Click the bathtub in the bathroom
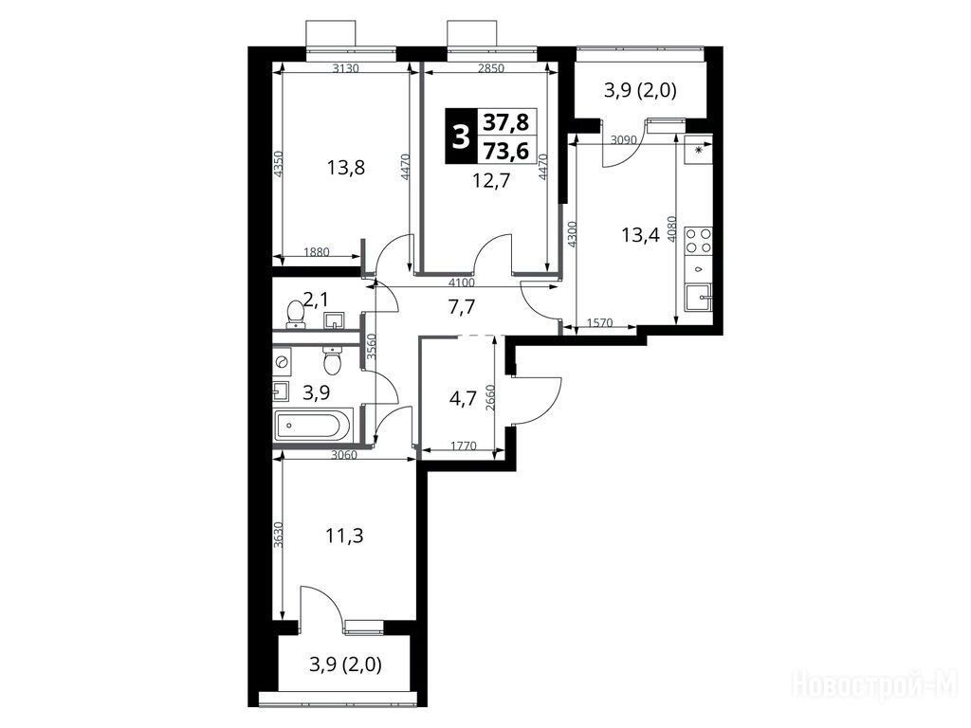(313, 426)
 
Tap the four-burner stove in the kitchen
(698, 241)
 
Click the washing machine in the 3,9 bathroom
(282, 359)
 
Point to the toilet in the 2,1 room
(295, 314)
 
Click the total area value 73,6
(506, 150)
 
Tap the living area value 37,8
(506, 122)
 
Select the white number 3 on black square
(460, 136)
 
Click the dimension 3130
(345, 68)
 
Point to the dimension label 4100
(462, 282)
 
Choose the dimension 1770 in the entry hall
(463, 446)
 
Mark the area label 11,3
(345, 535)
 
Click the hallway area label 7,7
(463, 306)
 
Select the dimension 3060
(344, 456)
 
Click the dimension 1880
(317, 252)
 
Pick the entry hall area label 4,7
(463, 398)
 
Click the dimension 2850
(491, 68)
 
